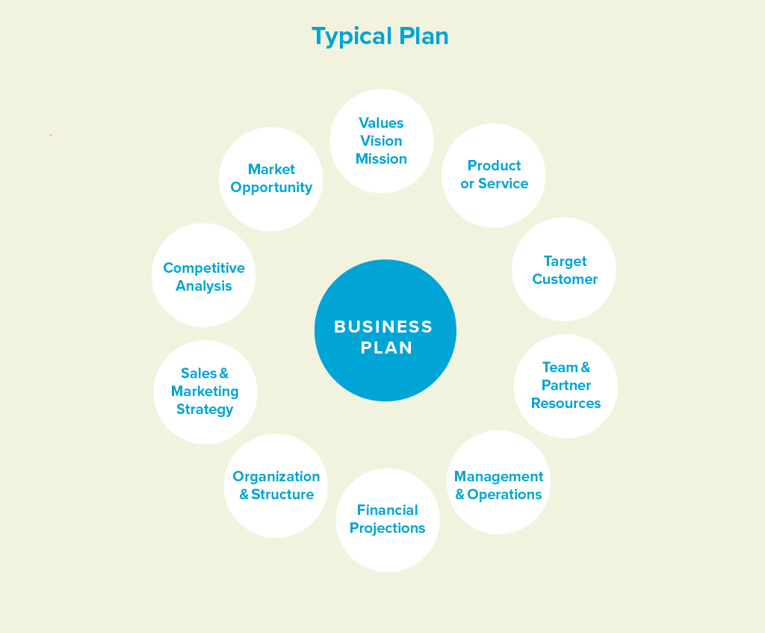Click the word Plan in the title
coord(424,36)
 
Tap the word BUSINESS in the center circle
coord(383,327)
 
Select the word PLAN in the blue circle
coord(386,348)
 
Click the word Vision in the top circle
coord(381,141)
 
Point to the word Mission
coord(381,159)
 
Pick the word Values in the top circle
coord(381,123)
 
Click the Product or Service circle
coord(494,176)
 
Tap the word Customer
coord(565,280)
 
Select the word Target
coord(565,262)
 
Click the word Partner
coord(566,386)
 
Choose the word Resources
coord(566,404)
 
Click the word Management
coord(498,476)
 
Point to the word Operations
coord(504,495)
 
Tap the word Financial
coord(388,510)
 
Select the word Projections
coord(388,528)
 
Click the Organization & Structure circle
coord(276,486)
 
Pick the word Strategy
coord(205,410)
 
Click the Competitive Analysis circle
coord(203,275)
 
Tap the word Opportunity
coord(271,188)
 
